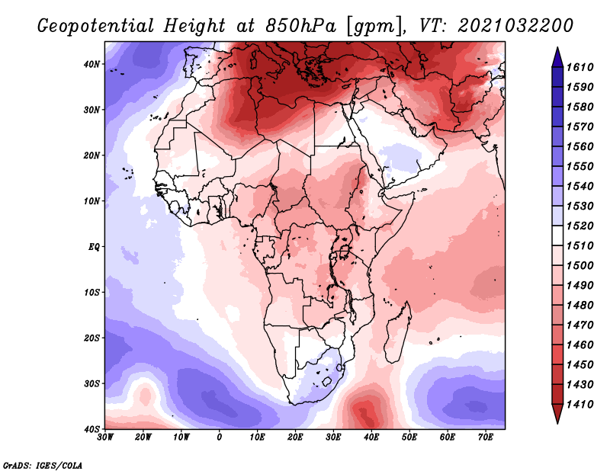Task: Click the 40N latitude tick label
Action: click(91, 64)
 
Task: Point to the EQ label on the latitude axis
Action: click(94, 247)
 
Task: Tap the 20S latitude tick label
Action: click(91, 338)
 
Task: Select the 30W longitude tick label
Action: click(105, 437)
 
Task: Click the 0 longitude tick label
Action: click(220, 437)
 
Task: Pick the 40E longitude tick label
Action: click(371, 437)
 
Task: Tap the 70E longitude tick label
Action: click(485, 437)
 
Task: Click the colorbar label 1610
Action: click(579, 67)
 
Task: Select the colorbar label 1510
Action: click(579, 246)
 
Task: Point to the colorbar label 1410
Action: click(579, 405)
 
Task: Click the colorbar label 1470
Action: click(579, 325)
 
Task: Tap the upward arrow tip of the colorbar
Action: click(557, 48)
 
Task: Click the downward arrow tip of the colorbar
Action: click(557, 423)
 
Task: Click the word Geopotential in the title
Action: click(95, 27)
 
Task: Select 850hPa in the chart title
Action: click(300, 26)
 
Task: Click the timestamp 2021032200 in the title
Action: click(515, 26)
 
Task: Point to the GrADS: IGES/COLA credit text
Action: click(43, 465)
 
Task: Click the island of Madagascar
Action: click(397, 332)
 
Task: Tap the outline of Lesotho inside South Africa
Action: click(326, 382)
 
